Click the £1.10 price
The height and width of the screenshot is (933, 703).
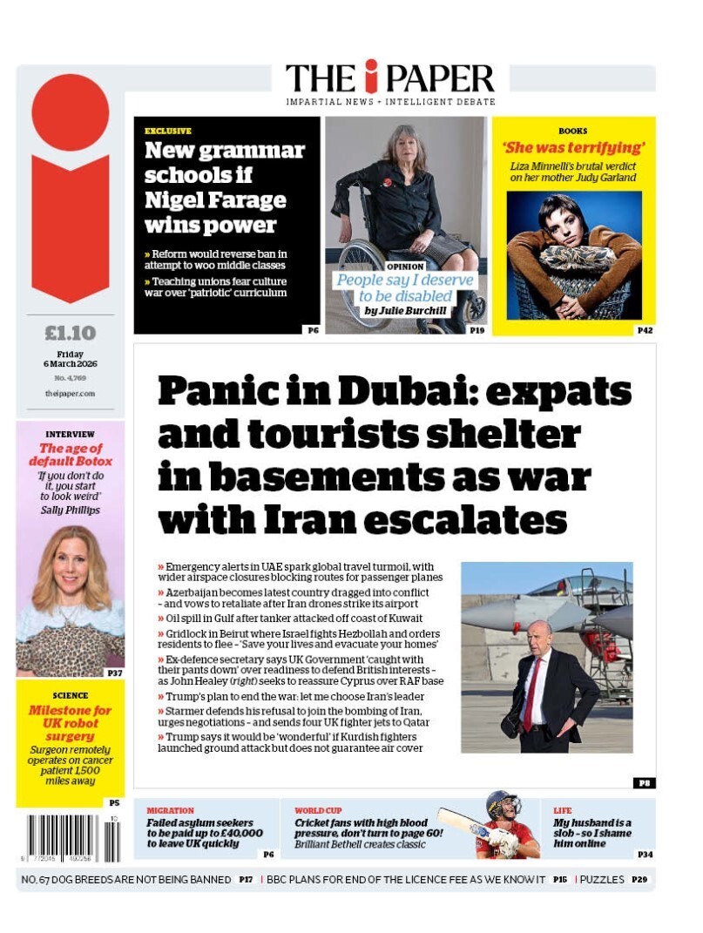pyautogui.click(x=70, y=333)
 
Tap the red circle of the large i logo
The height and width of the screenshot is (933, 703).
pyautogui.click(x=70, y=112)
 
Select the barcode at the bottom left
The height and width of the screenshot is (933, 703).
pyautogui.click(x=73, y=837)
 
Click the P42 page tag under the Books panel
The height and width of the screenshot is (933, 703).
pyautogui.click(x=645, y=331)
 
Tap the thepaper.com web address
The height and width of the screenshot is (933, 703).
pyautogui.click(x=70, y=394)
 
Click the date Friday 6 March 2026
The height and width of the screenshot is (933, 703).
pyautogui.click(x=70, y=359)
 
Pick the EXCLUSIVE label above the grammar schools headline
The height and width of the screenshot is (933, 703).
pyautogui.click(x=168, y=132)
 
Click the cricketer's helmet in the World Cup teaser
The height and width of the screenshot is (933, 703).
pyautogui.click(x=503, y=805)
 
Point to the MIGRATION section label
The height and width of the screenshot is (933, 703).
pyautogui.click(x=170, y=811)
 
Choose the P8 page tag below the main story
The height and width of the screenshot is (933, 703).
pyautogui.click(x=644, y=783)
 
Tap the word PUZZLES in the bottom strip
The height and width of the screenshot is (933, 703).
pyautogui.click(x=602, y=880)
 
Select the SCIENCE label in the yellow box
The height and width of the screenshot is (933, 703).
pyautogui.click(x=70, y=696)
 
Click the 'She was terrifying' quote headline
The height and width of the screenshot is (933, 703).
pyautogui.click(x=573, y=147)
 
